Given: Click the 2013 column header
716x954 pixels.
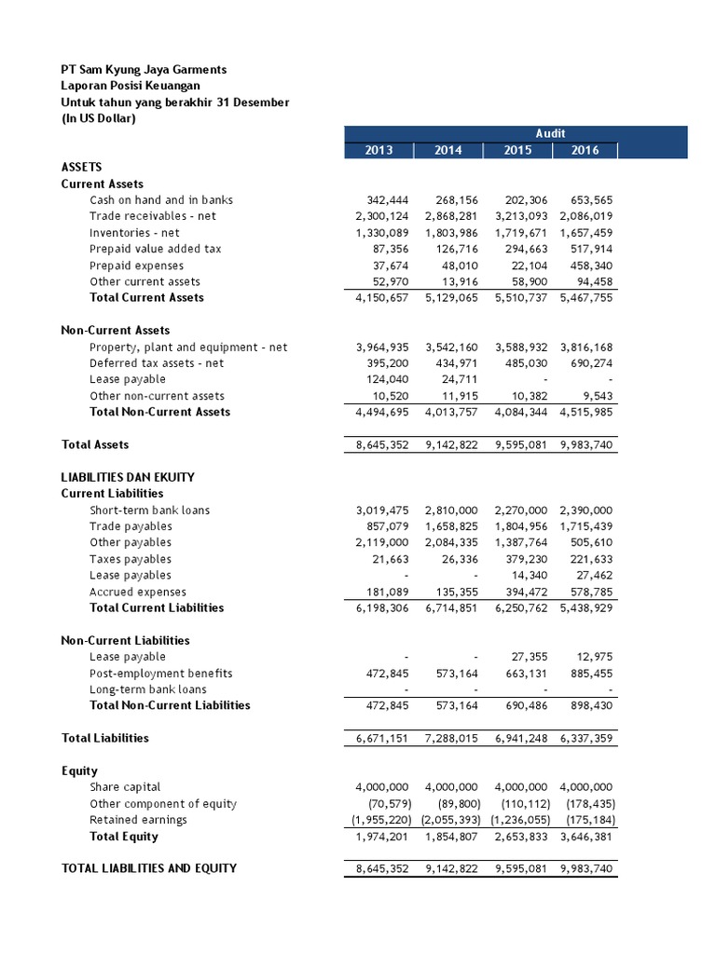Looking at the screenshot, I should click(x=379, y=150).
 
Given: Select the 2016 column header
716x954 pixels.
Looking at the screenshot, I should click(x=586, y=150).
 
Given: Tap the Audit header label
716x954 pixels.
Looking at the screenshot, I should click(x=551, y=133).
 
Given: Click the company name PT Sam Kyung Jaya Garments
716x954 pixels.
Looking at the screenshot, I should click(x=144, y=70).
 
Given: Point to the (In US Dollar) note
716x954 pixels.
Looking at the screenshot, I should click(x=98, y=118).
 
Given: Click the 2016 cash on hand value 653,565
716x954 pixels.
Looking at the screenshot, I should click(x=587, y=200).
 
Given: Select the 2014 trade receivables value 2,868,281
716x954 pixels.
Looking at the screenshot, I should click(x=449, y=216).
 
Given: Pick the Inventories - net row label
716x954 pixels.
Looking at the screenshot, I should click(x=134, y=233).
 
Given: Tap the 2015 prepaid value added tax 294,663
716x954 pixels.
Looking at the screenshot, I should click(x=521, y=249).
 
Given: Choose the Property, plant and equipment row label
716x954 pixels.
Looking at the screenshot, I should click(x=188, y=348).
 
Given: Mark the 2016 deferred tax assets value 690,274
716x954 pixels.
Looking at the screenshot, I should click(x=587, y=363).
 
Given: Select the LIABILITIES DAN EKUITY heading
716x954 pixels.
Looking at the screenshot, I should click(x=128, y=477).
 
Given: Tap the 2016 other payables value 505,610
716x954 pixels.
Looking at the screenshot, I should click(x=587, y=543).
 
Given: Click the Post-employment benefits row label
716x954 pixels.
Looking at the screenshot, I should click(x=161, y=674).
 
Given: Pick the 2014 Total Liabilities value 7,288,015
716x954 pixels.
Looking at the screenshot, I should click(x=449, y=739).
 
